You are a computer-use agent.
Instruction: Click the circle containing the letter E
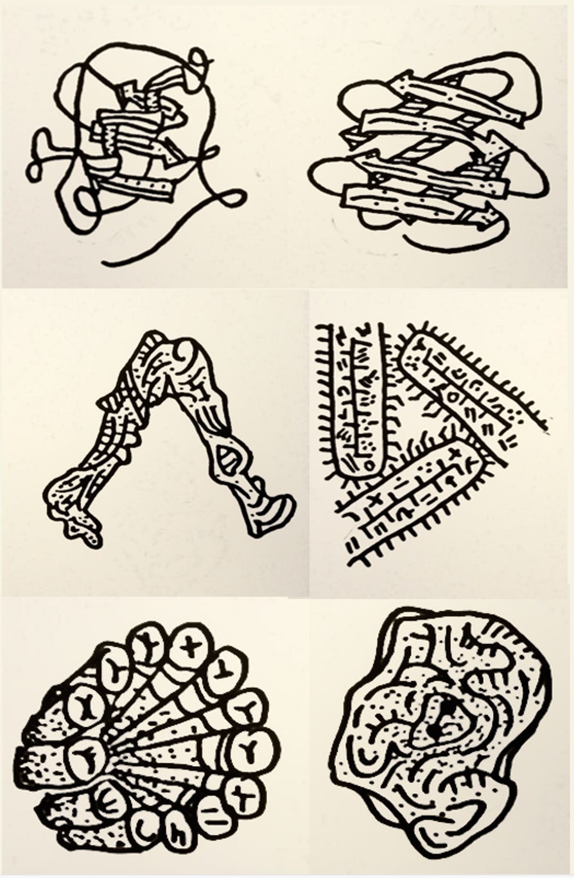109,802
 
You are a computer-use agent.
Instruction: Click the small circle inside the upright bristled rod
368,462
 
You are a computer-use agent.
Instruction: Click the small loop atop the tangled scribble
200,61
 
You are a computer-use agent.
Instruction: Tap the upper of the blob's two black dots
448,705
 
